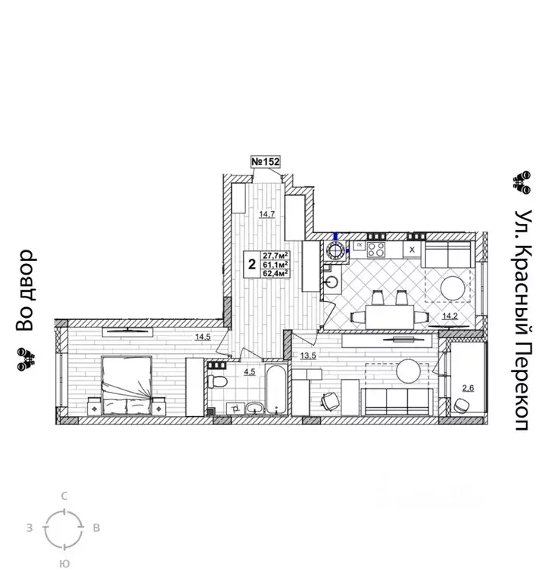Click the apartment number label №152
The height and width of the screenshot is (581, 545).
pos(266,162)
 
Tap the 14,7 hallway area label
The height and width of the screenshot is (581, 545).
pos(267,214)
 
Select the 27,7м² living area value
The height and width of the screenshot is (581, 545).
pos(276,256)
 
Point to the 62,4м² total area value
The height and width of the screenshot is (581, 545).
pos(276,273)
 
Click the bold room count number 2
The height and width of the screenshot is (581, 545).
pos(253,265)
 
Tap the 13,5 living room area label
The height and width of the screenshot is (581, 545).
pos(308,356)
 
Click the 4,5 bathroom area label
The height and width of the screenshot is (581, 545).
pos(250,372)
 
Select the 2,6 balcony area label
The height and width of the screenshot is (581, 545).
pos(468,388)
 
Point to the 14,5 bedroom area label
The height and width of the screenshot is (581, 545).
pos(203,337)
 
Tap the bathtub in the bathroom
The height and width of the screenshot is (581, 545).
pos(276,390)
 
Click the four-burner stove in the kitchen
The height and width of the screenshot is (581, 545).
pos(376,250)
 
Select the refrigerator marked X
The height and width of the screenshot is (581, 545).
pos(412,250)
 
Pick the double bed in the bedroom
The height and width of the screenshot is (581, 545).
pos(127,385)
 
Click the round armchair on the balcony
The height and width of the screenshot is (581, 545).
pos(461,405)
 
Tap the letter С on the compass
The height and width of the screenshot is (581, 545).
pos(64,496)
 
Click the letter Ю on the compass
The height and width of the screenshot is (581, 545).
pos(64,564)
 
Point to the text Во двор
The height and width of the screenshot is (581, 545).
pos(25,290)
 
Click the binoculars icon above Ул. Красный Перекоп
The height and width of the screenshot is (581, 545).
pos(522,182)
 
